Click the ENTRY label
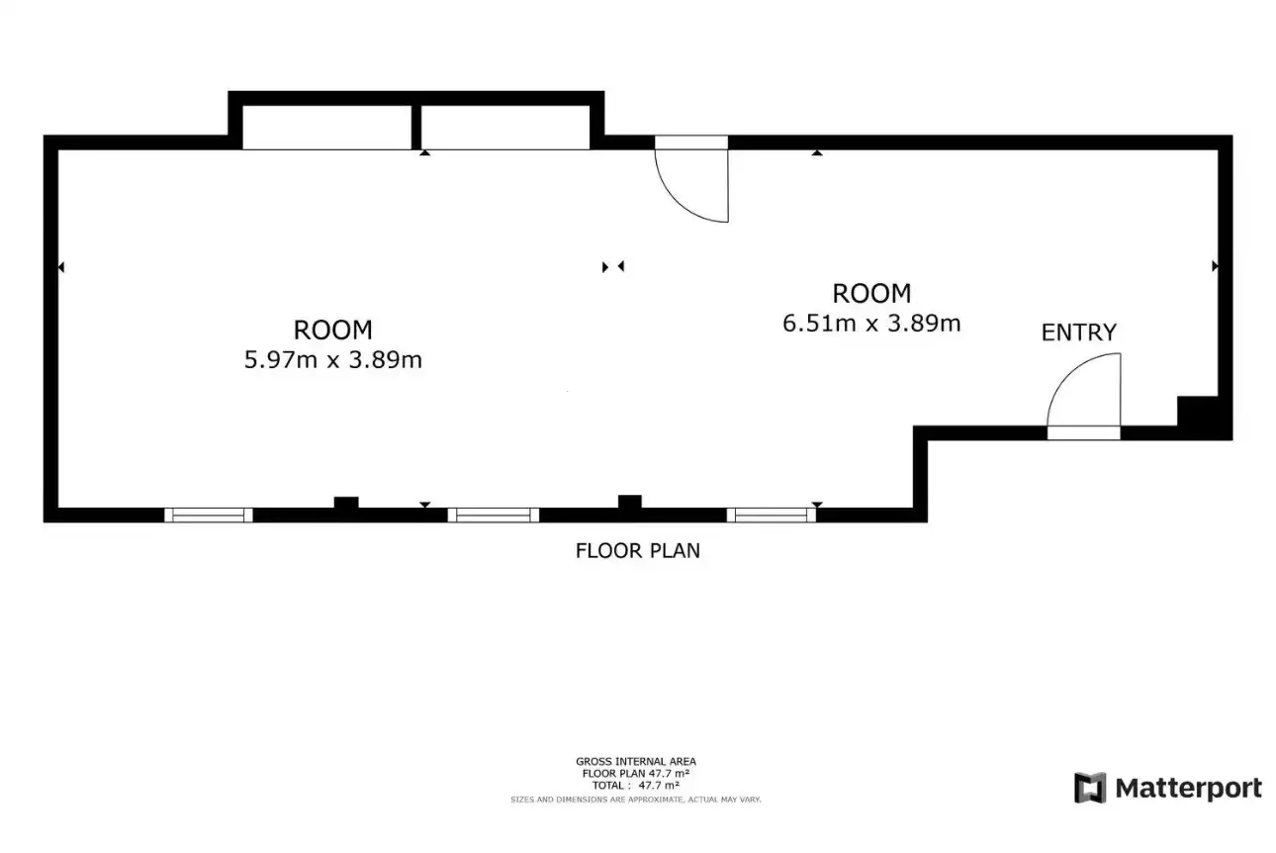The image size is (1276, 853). coord(1079,332)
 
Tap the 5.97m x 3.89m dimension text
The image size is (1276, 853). coord(333,360)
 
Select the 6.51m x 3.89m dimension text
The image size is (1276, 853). coord(871,324)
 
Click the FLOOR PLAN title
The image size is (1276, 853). coord(637,550)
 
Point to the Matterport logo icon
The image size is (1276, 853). coord(1090,788)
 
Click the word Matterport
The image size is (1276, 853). coord(1188,789)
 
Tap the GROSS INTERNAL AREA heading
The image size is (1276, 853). coord(636,761)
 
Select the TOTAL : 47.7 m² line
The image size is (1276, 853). coord(636,785)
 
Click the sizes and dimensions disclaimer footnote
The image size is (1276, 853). coord(636,800)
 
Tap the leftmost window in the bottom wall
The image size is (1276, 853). coord(209,516)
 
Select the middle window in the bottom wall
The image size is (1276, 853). coord(494,516)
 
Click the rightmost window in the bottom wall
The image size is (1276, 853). coord(772,516)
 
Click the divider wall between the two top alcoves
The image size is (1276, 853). coord(416,127)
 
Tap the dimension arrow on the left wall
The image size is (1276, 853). coord(61,266)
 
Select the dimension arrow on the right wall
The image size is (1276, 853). coord(1215,266)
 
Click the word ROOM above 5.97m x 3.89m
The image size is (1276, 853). coord(333,330)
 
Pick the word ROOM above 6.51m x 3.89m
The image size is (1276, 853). coord(871,294)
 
